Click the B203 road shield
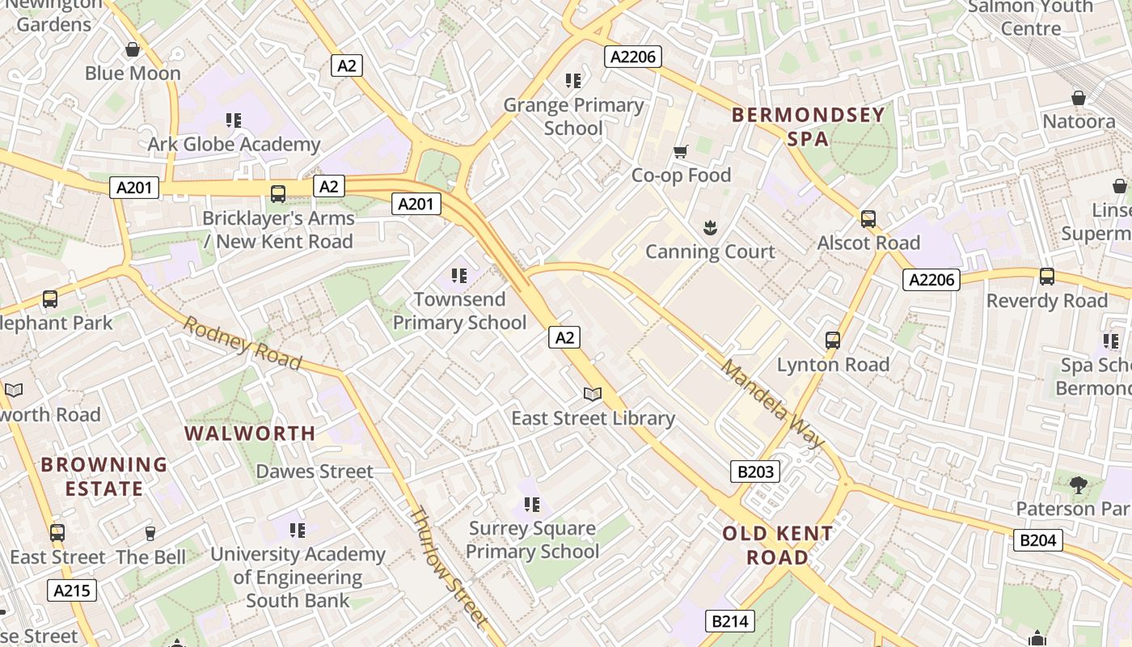point(755,472)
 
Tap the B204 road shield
point(1037,539)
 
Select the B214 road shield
point(730,621)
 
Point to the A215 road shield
point(72,590)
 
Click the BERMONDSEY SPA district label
point(808,127)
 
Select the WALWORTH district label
point(250,433)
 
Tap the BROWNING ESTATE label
point(104,476)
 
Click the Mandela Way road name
point(772,404)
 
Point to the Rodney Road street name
point(242,343)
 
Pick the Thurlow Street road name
point(449,567)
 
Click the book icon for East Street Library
point(593,394)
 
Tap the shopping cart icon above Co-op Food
point(681,151)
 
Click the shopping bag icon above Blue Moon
point(133,49)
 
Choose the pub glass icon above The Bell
point(150,533)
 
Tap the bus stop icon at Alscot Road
point(868,218)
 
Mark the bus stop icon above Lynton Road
point(833,340)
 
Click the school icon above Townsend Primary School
point(459,276)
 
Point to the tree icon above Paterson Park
point(1078,484)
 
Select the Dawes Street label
point(315,472)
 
